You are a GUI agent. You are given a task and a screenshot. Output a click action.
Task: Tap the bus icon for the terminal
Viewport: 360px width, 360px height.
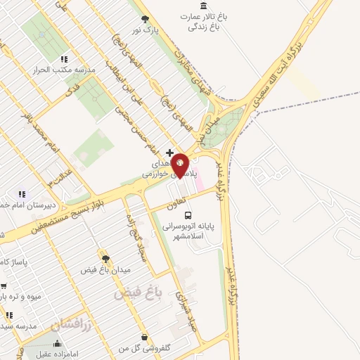tap(187, 214)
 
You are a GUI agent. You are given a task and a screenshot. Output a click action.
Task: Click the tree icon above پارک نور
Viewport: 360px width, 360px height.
tap(146, 19)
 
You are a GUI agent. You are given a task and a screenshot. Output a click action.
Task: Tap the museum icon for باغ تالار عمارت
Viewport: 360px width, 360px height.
tap(203, 6)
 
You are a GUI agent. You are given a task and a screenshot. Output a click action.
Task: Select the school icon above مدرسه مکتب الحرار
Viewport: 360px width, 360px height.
tap(64, 59)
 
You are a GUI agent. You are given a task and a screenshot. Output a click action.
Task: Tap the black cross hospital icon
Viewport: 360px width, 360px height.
tap(169, 152)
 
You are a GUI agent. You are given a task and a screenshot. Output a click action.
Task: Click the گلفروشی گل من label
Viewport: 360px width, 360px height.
tap(146, 349)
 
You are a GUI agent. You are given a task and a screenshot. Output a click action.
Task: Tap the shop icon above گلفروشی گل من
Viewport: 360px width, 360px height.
tap(144, 337)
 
